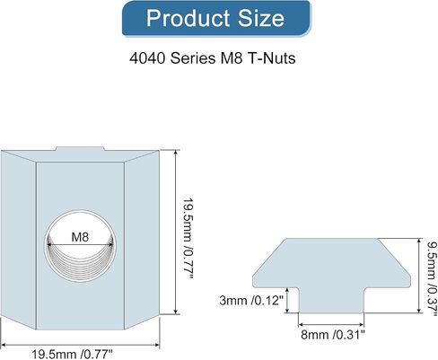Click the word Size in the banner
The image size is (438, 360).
(x=261, y=18)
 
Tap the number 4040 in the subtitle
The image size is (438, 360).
(x=147, y=57)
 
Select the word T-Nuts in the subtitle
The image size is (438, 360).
(x=272, y=57)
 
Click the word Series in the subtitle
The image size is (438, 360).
(x=193, y=57)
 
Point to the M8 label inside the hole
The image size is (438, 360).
(x=80, y=237)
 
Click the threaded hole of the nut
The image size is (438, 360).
(x=80, y=246)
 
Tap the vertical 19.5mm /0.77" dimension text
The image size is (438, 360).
(x=188, y=238)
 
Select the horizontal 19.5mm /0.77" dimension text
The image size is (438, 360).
(x=73, y=355)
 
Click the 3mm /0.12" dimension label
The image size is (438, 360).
(x=251, y=300)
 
